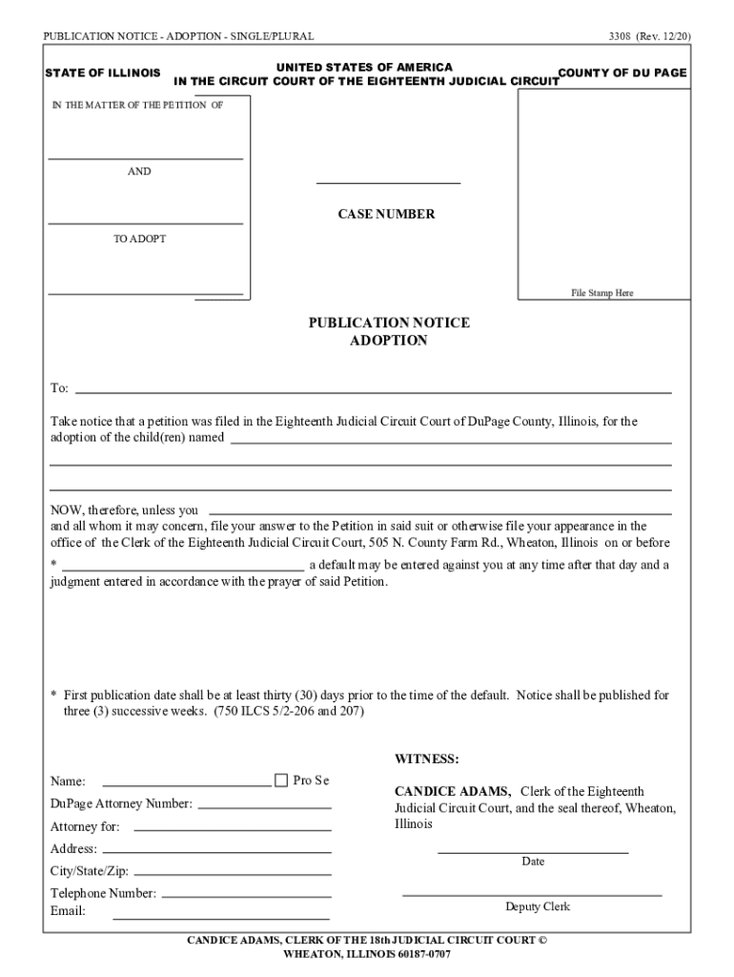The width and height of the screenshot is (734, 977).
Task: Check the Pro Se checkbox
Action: point(280,780)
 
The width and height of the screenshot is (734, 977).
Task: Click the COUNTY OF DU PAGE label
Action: point(622,73)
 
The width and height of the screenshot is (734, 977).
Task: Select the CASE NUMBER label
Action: point(386,215)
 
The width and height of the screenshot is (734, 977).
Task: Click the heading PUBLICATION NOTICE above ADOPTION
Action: point(388,323)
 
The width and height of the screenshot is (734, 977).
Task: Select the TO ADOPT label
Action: point(139,239)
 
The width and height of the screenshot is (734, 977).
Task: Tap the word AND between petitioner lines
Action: point(139,172)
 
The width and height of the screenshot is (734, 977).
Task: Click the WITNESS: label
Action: point(427,759)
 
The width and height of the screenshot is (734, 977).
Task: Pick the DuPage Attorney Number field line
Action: point(264,806)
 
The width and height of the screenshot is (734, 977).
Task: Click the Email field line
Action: point(221,917)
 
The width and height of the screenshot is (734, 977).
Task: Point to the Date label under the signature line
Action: point(533,862)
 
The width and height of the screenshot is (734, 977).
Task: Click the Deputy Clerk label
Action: point(538,906)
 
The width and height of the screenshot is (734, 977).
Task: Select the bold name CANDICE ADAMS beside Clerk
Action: point(453,792)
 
